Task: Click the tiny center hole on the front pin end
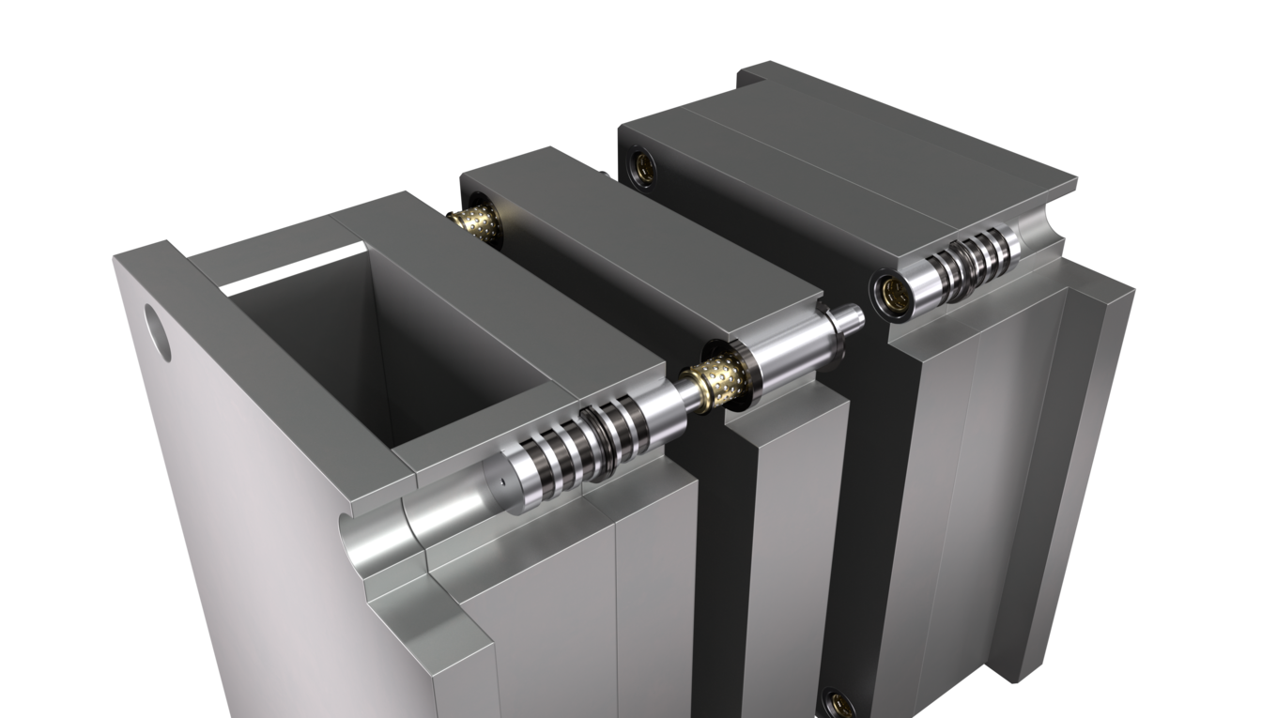tap(502, 482)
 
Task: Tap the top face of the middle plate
tap(638, 244)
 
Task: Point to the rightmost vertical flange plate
tap(1080, 469)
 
